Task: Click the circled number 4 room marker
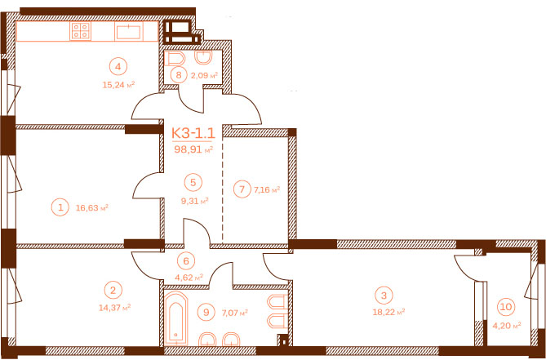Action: (118, 66)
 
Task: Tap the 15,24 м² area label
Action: (118, 85)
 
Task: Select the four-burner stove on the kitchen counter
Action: (80, 31)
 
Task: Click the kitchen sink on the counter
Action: (128, 32)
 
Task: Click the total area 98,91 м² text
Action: (193, 149)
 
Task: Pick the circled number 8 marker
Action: (179, 75)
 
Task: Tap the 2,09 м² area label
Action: (204, 76)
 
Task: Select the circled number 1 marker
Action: (60, 208)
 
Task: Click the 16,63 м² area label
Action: (92, 208)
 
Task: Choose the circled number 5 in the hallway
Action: (193, 182)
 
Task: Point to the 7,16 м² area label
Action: (267, 189)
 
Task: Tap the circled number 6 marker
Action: (185, 260)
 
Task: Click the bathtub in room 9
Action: (175, 318)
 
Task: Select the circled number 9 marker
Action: (206, 313)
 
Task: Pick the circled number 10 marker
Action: (506, 307)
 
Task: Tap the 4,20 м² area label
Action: (507, 326)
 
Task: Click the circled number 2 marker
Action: (113, 290)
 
